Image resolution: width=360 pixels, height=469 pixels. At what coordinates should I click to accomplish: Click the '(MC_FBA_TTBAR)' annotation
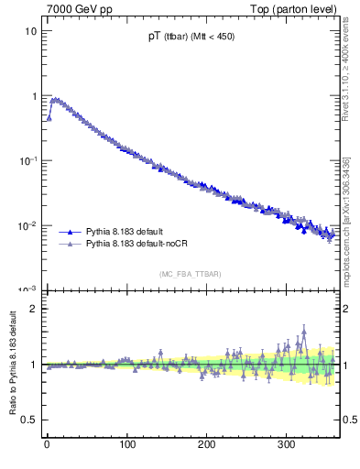click(x=189, y=274)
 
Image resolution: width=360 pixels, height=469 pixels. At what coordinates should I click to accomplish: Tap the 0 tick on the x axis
click(x=47, y=443)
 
